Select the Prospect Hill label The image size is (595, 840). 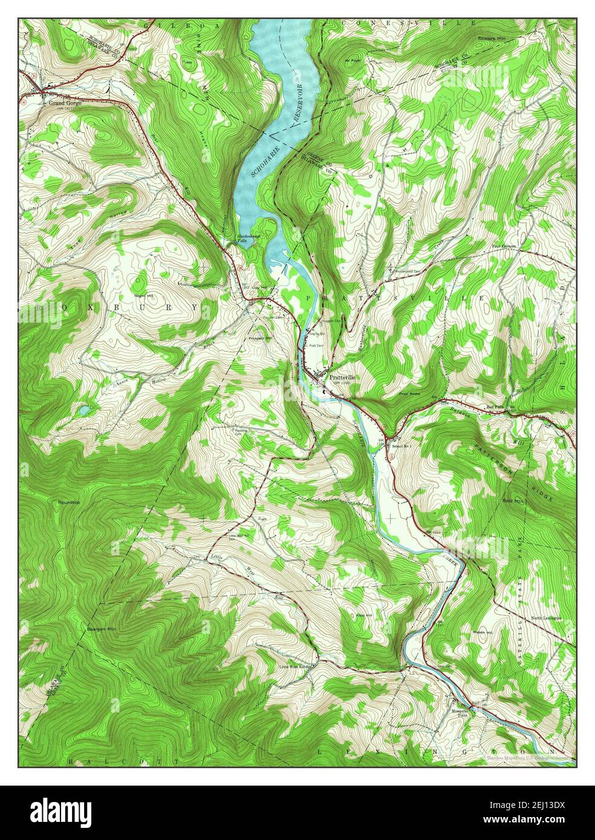[259, 338]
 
